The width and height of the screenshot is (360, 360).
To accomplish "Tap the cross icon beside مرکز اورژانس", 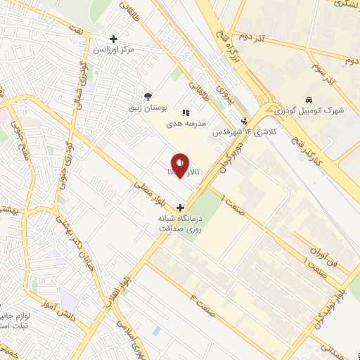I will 113,39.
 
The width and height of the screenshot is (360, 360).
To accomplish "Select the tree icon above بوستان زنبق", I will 148,96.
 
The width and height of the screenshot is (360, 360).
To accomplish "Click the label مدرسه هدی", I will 186,122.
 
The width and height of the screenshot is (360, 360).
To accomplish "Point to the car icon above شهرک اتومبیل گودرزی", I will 309,101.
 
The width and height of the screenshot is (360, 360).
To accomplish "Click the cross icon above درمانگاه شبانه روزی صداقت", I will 181,207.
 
